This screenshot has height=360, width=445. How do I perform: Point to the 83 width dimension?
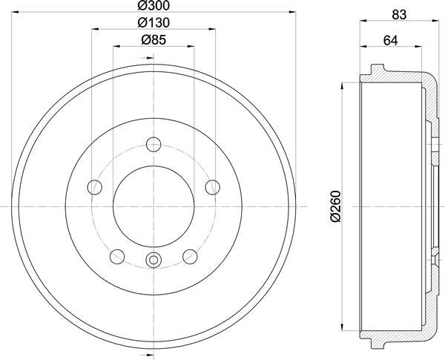[400, 13]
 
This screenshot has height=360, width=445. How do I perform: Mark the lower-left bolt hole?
[116, 256]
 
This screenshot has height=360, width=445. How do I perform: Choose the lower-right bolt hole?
[190, 256]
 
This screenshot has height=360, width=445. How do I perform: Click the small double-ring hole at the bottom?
[154, 260]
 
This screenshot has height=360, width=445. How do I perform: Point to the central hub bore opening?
[154, 205]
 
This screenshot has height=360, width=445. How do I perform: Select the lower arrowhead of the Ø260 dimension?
[342, 327]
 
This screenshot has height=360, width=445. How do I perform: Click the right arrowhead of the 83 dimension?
[438, 24]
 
